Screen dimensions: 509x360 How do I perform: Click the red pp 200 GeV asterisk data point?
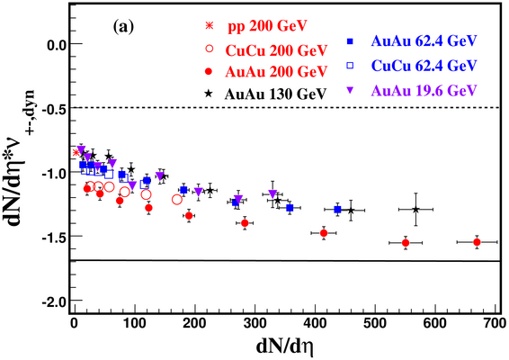pyautogui.click(x=76, y=152)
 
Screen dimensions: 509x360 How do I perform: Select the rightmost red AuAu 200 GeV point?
pyautogui.click(x=477, y=242)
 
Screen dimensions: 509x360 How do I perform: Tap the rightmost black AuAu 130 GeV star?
pyautogui.click(x=415, y=210)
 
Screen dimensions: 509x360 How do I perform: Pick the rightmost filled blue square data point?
pyautogui.click(x=337, y=210)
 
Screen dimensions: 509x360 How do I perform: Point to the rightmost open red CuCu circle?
pyautogui.click(x=177, y=199)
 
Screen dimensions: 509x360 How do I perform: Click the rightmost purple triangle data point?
pyautogui.click(x=272, y=194)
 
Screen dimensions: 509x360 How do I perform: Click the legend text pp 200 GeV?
pyautogui.click(x=267, y=26)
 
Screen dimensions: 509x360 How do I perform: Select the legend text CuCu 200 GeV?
pyautogui.click(x=276, y=50)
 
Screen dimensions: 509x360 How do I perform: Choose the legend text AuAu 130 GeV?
pyautogui.click(x=275, y=94)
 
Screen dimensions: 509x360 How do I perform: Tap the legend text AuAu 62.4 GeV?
pyautogui.click(x=424, y=40)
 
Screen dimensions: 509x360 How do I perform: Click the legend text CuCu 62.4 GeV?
pyautogui.click(x=424, y=66)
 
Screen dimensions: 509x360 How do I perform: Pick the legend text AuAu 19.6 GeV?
pyautogui.click(x=424, y=90)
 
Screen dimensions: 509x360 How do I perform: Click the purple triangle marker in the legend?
pyautogui.click(x=350, y=91)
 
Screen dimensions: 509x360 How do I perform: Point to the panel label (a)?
pyautogui.click(x=123, y=27)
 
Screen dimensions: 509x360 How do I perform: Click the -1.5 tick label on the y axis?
pyautogui.click(x=53, y=236)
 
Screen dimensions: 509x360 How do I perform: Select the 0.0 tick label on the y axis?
pyautogui.click(x=56, y=44)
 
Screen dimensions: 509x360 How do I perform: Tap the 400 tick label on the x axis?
pyautogui.click(x=315, y=323)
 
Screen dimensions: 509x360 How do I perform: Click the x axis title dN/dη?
pyautogui.click(x=285, y=346)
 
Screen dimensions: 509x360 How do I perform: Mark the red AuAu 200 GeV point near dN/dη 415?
pyautogui.click(x=324, y=233)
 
